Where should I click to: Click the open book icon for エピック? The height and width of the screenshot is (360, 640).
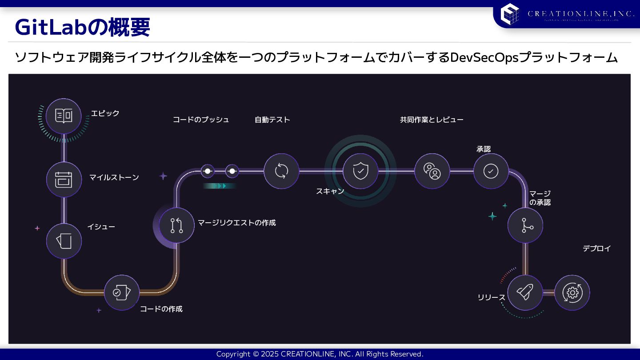[64, 116]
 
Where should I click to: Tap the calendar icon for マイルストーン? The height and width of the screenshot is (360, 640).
[64, 179]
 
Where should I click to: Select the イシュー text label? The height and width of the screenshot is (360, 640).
[101, 227]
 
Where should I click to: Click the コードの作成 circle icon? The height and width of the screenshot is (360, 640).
[121, 292]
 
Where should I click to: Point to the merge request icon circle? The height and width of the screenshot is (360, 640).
[176, 225]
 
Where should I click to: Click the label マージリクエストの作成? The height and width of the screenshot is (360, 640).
[236, 223]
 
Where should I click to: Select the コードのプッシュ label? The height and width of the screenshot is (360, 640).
[201, 120]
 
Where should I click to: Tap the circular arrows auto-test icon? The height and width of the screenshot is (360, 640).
[281, 171]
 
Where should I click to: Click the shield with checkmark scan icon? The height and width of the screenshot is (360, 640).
[360, 171]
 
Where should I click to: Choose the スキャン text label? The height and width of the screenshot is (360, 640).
[330, 191]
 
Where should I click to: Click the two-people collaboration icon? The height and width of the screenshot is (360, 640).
[432, 171]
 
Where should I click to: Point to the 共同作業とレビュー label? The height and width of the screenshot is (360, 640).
[431, 120]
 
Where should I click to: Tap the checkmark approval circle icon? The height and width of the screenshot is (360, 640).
[491, 171]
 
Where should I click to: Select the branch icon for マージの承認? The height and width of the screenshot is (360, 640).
[525, 225]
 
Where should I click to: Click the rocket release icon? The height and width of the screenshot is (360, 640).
[525, 292]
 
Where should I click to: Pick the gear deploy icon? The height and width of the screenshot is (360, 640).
[572, 292]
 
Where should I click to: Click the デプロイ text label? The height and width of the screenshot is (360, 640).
[596, 248]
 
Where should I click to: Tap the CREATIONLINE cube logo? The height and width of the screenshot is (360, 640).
[509, 13]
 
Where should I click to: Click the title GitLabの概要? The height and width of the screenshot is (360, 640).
[82, 28]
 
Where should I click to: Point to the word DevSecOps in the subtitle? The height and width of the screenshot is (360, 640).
[484, 58]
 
